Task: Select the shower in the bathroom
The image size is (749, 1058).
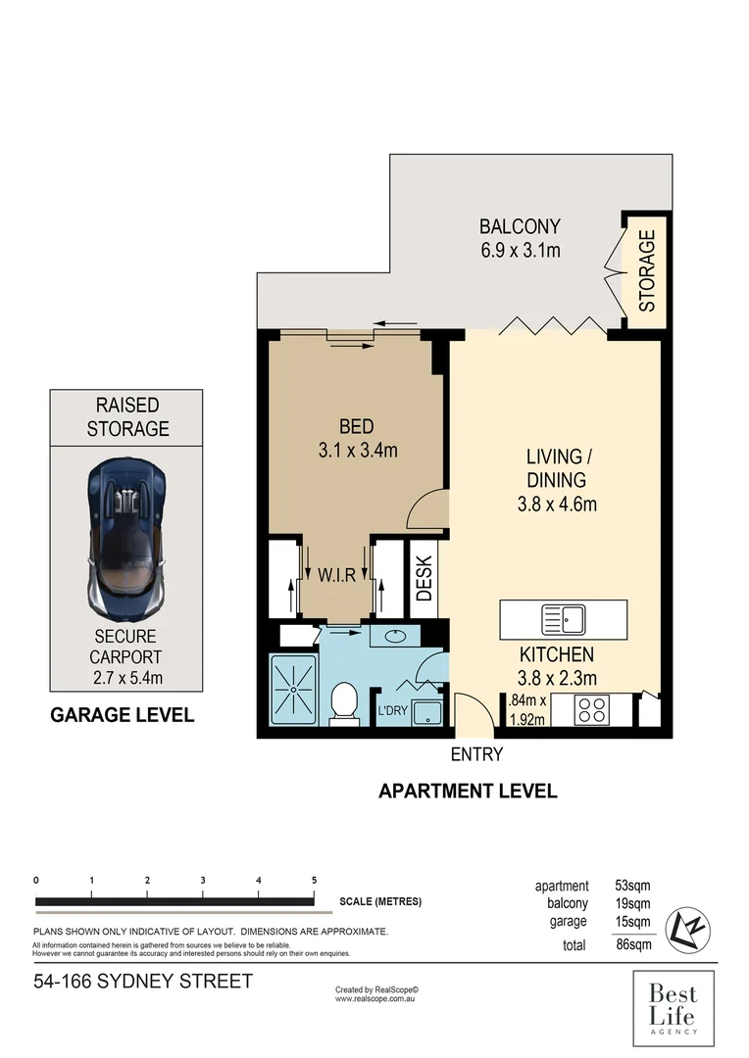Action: [x=293, y=690]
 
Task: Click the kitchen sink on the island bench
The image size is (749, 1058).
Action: [x=563, y=619]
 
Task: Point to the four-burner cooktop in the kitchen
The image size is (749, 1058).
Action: [x=593, y=709]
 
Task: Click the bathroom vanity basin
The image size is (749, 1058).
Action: [x=396, y=637]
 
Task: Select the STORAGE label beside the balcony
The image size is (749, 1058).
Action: [x=647, y=269]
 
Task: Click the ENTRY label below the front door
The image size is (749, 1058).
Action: [x=476, y=754]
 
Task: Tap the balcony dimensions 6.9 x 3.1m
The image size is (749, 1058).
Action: [x=520, y=250]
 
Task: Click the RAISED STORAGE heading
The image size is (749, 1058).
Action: [x=127, y=416]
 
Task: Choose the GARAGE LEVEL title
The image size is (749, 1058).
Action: [x=122, y=715]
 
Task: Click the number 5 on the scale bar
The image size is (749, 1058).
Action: [x=314, y=880]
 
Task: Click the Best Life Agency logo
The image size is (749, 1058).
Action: [x=673, y=1007]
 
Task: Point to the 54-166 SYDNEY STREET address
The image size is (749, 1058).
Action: [x=143, y=981]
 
